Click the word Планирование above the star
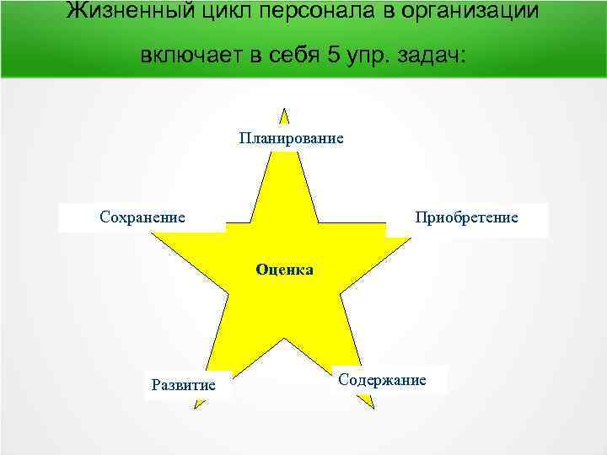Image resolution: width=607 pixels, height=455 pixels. tap(291, 137)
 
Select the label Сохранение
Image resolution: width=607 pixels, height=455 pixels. tap(142, 217)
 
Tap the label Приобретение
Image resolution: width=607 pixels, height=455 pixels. tap(466, 217)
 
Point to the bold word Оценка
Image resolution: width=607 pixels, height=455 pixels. tap(284, 270)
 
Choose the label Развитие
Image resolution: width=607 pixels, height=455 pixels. tap(183, 385)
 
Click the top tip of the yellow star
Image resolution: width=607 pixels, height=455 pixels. tap(284, 110)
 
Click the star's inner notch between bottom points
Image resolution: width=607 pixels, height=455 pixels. tap(284, 339)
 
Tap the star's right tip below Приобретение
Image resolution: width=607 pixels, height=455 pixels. tap(410, 238)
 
